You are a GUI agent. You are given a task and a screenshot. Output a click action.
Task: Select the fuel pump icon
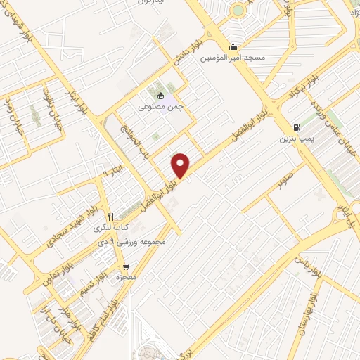297,128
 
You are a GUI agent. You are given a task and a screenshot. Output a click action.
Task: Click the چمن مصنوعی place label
158,107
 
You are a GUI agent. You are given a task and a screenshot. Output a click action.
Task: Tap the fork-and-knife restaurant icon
110,217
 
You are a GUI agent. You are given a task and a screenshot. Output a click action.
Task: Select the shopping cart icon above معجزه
126,267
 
